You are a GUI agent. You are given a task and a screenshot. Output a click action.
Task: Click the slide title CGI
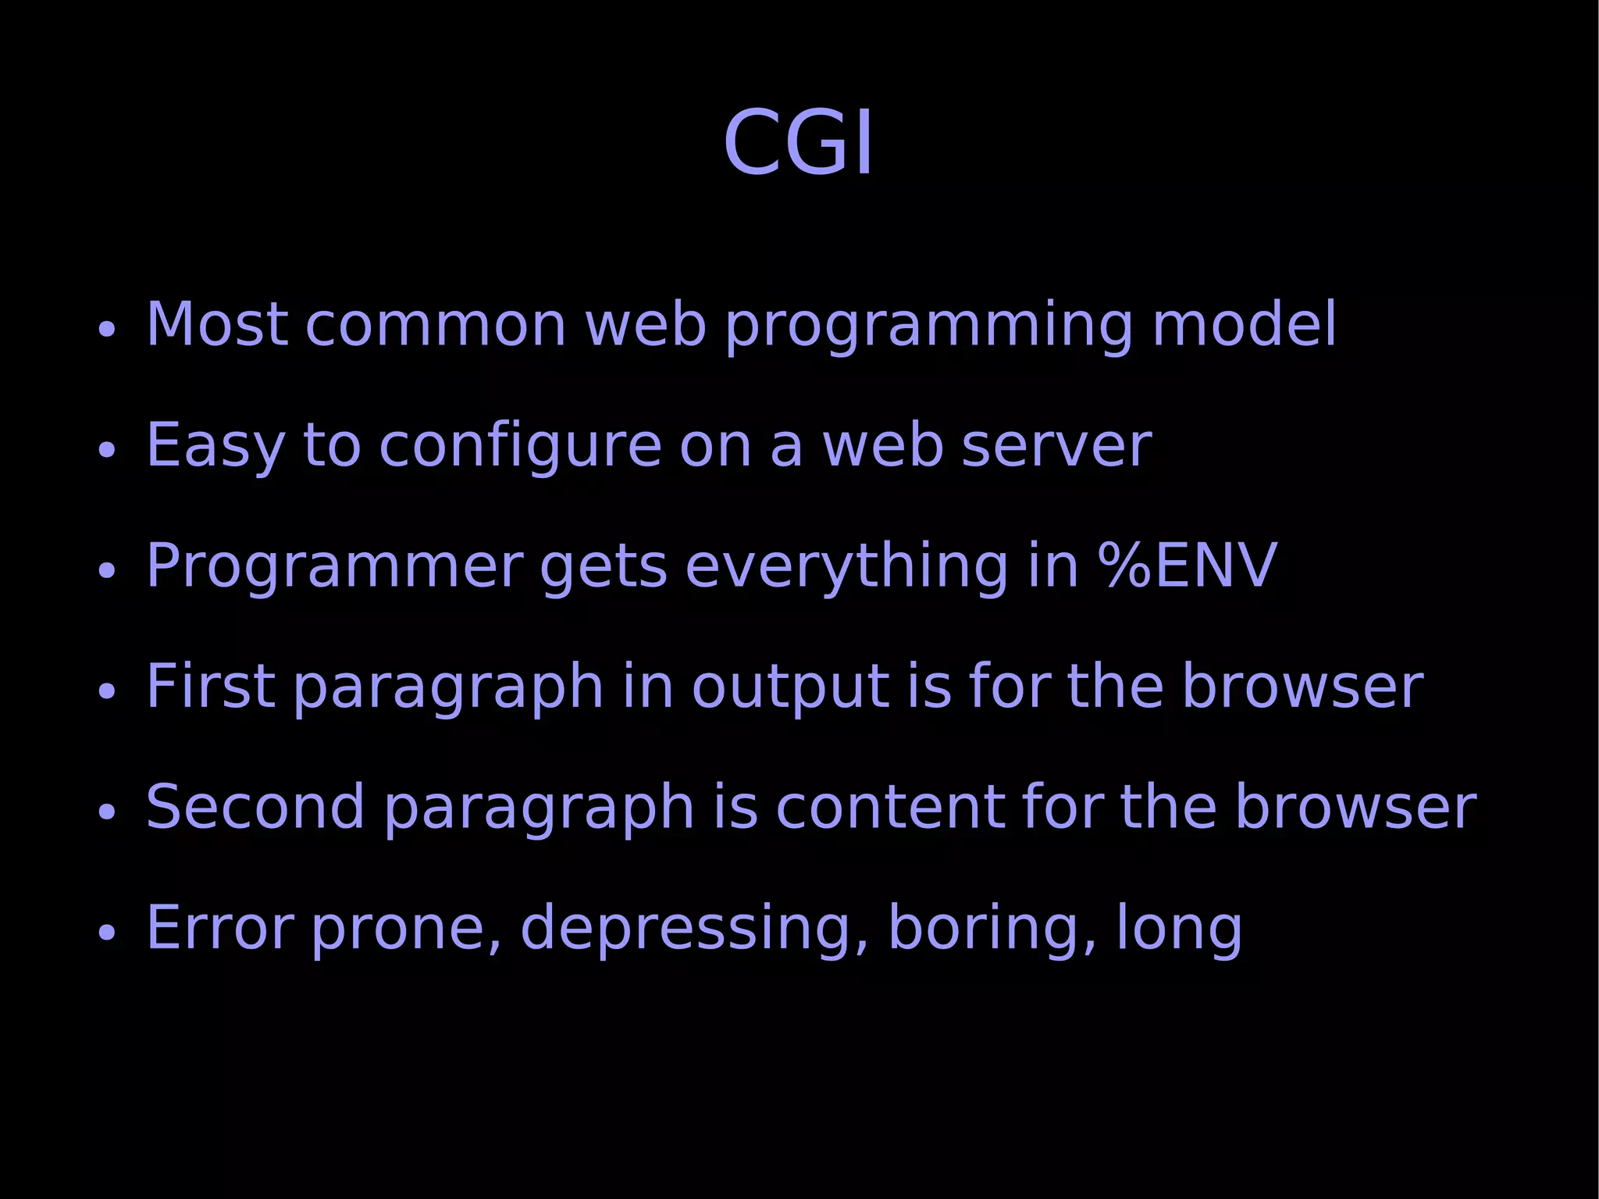[x=798, y=143]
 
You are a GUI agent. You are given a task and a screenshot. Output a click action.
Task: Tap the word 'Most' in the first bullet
[x=215, y=324]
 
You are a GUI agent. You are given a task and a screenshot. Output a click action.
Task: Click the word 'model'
[x=1245, y=324]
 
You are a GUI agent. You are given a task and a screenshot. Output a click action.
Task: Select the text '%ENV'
[x=1188, y=565]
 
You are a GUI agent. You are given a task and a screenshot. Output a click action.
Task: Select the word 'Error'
[x=219, y=927]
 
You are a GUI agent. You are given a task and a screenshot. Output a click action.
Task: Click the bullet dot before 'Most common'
[x=107, y=329]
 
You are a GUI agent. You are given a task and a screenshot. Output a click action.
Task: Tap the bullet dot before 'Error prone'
[x=107, y=932]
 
